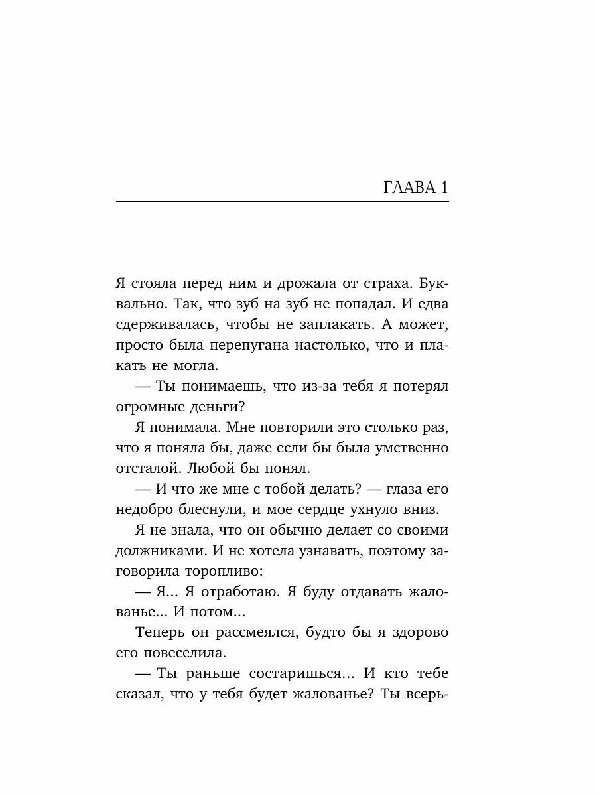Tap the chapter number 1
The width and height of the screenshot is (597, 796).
pyautogui.click(x=443, y=188)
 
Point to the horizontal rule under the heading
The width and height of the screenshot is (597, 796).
pyautogui.click(x=282, y=201)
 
